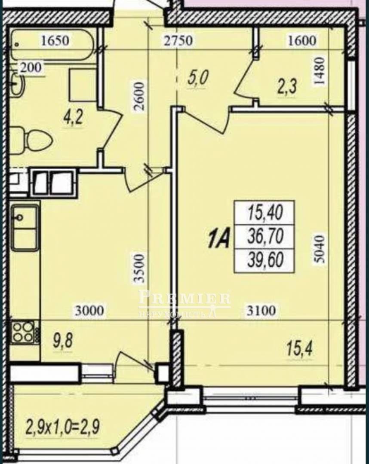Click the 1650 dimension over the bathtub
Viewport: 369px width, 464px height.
pos(55,40)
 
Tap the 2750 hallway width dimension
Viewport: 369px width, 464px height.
pos(178,40)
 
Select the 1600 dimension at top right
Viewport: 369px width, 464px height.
pos(302,40)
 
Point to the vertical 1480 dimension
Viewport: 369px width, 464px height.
pos(320,71)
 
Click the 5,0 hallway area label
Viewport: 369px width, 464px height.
pos(198,79)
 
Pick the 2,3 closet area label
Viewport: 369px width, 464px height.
pos(287,87)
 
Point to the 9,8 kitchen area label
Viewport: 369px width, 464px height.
pos(63,341)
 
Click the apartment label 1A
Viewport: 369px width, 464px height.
pos(219,241)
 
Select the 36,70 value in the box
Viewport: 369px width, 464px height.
pos(265,236)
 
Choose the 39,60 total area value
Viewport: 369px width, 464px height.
pos(265,260)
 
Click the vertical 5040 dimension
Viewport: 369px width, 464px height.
pos(320,249)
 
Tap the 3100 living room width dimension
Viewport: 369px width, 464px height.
pos(261,311)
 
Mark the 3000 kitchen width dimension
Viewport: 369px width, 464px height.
pos(90,311)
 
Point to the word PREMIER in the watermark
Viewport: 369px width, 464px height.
pos(184,297)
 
